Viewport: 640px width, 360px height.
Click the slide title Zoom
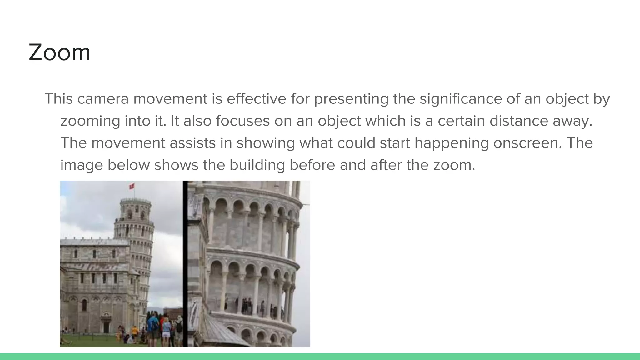59,52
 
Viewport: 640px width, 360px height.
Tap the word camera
103,99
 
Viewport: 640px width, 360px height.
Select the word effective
256,99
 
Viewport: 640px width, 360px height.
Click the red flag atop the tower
132,186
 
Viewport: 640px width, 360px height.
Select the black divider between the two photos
185,264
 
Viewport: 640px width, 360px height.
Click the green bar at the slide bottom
320,357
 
